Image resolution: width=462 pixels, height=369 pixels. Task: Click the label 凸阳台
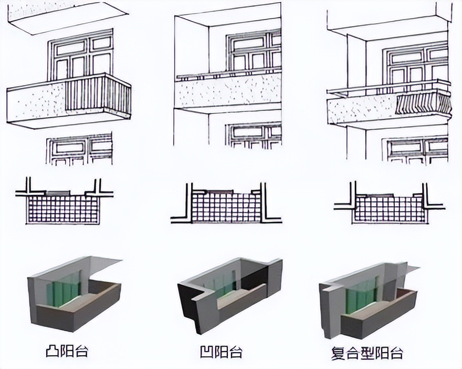point(67,351)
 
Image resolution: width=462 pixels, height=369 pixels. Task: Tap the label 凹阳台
point(222,351)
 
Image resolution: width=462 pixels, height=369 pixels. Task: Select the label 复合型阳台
point(367,353)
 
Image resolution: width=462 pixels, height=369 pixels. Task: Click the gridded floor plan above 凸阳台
point(63,209)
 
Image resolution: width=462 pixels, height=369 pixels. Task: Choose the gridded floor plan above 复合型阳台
point(390,209)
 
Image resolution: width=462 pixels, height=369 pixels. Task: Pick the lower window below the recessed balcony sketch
point(254,136)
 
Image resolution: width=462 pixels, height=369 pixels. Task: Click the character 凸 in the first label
point(52,351)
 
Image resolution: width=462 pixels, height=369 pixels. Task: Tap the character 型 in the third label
point(367,353)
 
